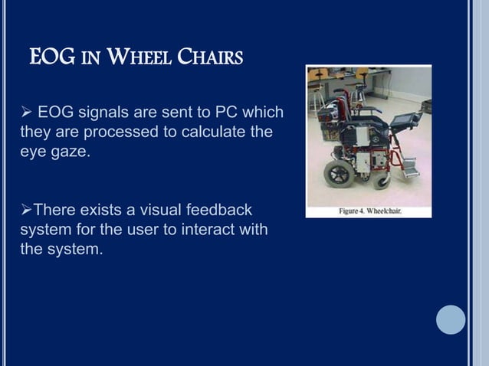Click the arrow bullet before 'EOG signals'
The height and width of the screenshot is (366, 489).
25,114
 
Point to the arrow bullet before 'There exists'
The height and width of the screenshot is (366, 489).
25,210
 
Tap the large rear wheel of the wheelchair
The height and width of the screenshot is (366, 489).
337,173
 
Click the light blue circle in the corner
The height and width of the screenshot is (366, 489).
451,319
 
